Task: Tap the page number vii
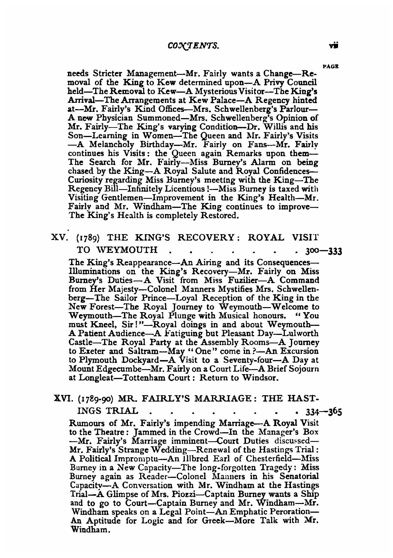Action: pos(336,45)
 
